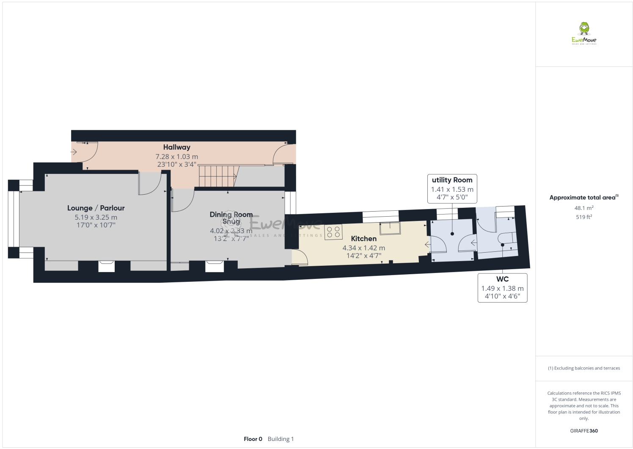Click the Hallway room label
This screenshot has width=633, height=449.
click(x=176, y=147)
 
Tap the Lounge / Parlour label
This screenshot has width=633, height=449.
click(x=96, y=208)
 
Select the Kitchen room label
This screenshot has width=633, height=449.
click(x=363, y=239)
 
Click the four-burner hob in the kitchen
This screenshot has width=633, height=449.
click(x=333, y=232)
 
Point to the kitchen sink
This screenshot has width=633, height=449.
click(x=389, y=228)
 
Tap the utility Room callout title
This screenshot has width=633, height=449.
click(x=452, y=180)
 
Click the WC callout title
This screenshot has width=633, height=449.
click(x=502, y=279)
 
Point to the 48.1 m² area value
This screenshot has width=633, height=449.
click(x=584, y=208)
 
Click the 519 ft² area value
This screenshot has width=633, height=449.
click(x=584, y=217)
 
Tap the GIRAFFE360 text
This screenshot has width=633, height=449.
click(x=584, y=431)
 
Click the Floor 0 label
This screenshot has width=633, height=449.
click(x=253, y=439)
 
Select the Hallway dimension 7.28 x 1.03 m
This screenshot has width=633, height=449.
click(x=176, y=157)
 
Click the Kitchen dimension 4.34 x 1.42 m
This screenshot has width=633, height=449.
click(x=363, y=248)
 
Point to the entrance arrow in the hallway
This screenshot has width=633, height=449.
click(x=74, y=152)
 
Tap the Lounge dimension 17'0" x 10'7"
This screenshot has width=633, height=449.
click(x=96, y=225)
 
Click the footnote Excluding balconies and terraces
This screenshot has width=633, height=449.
click(x=584, y=368)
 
